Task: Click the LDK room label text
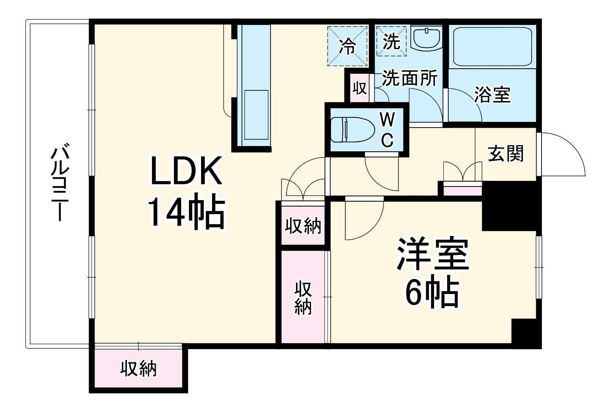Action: point(186,171)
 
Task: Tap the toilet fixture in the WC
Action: point(351,130)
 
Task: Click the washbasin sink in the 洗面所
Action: point(426,38)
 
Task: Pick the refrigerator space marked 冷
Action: point(348,46)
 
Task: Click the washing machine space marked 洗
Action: point(391,41)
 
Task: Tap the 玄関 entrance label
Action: point(506,154)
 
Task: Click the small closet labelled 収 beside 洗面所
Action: point(359,88)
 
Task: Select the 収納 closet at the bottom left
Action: point(138,369)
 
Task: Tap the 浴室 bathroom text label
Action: point(492,95)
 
